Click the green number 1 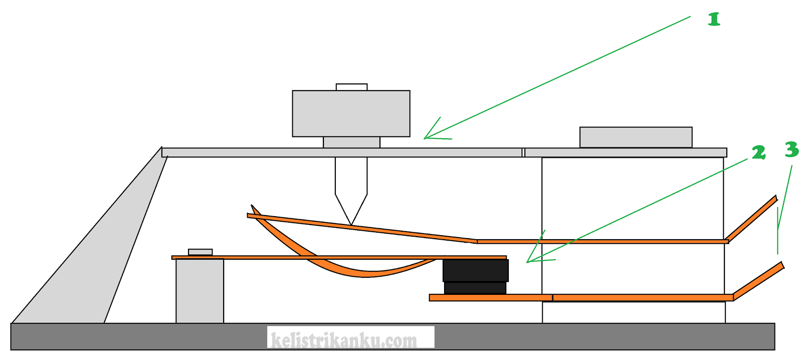714,20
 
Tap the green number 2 758,152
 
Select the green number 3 791,149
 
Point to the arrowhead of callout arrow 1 426,137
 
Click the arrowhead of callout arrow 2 528,261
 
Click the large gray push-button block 351,113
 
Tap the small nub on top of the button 351,87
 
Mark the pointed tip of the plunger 351,223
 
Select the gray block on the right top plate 636,137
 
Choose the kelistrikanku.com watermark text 344,340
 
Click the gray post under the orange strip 199,291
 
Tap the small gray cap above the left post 200,252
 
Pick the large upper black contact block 475,270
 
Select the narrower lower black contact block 475,288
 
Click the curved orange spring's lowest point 368,274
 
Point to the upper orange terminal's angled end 752,218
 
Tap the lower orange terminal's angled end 758,280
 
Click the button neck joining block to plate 351,142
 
